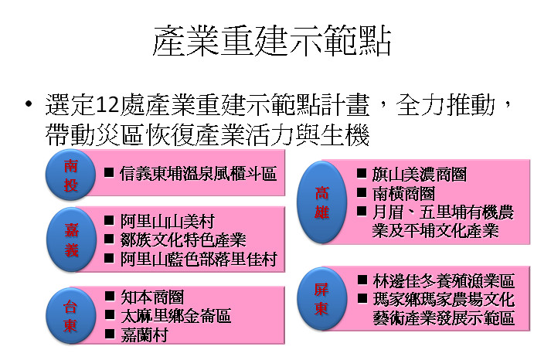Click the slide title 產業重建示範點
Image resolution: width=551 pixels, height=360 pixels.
click(x=272, y=41)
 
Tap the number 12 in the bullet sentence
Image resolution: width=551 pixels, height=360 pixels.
click(x=107, y=104)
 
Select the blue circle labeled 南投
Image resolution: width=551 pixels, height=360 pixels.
click(x=70, y=175)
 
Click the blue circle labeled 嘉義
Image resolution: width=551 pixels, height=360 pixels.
click(x=71, y=239)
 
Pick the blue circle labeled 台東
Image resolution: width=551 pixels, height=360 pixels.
click(x=70, y=316)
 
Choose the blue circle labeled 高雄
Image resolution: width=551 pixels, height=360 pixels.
click(x=322, y=202)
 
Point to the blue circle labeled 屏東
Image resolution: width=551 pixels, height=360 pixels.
click(x=322, y=299)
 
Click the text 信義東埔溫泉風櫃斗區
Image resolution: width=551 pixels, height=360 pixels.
click(x=198, y=174)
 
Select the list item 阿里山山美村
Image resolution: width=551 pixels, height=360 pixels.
click(x=167, y=221)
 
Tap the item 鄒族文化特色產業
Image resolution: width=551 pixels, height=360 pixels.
click(x=183, y=240)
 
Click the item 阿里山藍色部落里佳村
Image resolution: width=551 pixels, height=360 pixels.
click(x=199, y=260)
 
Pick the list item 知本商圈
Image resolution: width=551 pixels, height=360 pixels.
click(x=152, y=297)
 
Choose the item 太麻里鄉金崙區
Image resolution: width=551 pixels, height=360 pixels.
click(x=175, y=316)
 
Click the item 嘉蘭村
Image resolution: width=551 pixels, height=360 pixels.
click(x=145, y=335)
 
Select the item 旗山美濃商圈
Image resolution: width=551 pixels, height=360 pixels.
click(x=420, y=175)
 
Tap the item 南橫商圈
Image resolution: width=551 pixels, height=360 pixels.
click(x=403, y=194)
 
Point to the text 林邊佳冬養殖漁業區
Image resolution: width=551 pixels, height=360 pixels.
click(x=444, y=280)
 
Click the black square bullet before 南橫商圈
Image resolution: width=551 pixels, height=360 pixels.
click(x=362, y=192)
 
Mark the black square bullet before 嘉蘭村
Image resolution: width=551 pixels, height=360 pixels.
click(x=110, y=334)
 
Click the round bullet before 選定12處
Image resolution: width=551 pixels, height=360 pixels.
click(x=29, y=104)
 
